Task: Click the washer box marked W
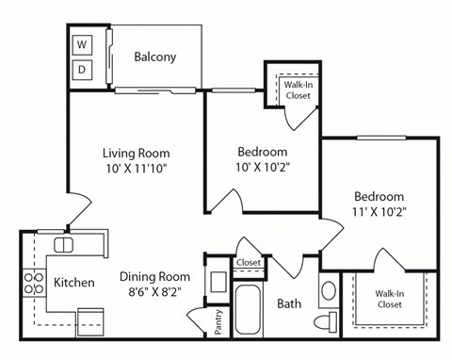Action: (x=82, y=44)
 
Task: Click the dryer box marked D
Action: (x=82, y=70)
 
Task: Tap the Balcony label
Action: (x=154, y=57)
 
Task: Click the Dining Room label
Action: (x=154, y=277)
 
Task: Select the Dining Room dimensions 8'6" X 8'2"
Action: (x=154, y=293)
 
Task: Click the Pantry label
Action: (x=218, y=319)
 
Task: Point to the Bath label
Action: (x=288, y=304)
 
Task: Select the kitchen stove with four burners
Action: (x=33, y=284)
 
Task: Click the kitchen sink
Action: (x=63, y=245)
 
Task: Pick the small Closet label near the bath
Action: (x=249, y=263)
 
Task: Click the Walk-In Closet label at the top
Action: (x=298, y=90)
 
